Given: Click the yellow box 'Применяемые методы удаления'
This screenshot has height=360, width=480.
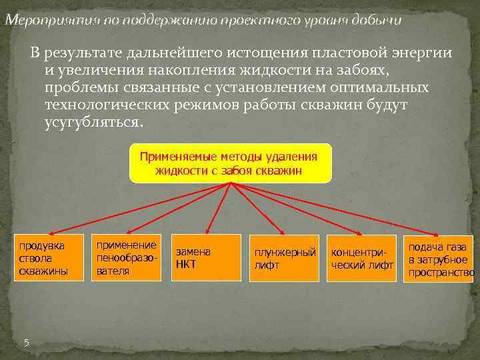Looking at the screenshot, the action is (x=230, y=163).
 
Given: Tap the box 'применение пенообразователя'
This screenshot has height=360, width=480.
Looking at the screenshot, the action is (x=126, y=257).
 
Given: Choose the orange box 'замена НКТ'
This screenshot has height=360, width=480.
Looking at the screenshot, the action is (x=205, y=257).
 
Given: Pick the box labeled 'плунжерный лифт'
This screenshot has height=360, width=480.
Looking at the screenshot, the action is (x=283, y=258).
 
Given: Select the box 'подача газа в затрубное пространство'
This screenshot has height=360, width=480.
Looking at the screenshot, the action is (x=439, y=259).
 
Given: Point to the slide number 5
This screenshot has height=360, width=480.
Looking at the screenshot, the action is (x=27, y=343).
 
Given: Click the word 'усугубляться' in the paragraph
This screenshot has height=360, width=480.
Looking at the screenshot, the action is (x=93, y=123).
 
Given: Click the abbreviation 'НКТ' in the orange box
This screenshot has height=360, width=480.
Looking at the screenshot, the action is (x=186, y=264).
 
